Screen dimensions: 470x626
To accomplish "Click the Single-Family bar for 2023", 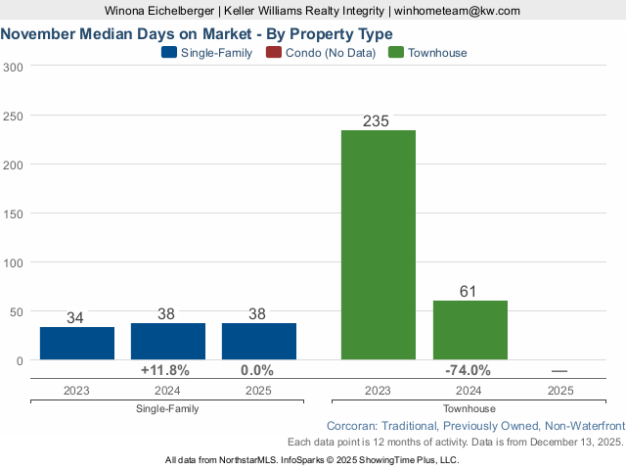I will (77, 343).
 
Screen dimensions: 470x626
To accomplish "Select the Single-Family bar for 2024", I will (168, 341).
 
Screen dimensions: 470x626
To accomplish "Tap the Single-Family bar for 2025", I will (259, 341).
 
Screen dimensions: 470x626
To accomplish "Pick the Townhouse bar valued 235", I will (379, 244).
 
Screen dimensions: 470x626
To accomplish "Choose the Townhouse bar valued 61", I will (469, 329).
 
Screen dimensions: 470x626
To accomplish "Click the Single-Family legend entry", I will (206, 53).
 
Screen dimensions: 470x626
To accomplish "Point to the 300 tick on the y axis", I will (15, 67).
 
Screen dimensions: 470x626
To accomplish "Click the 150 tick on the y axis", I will (15, 213).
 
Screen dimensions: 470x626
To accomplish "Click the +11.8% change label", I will (165, 371).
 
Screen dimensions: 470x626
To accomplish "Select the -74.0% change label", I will (467, 371).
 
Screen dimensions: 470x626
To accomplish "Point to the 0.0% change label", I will (257, 371).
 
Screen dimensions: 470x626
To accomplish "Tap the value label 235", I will (377, 120).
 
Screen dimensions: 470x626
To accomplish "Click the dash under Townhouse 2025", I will (559, 371).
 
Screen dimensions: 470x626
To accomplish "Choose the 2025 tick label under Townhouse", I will (560, 390).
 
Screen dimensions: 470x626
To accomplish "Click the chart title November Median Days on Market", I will (197, 34).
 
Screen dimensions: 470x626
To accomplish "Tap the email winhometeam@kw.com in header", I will (458, 11).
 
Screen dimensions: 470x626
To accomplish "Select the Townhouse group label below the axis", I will (469, 408).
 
